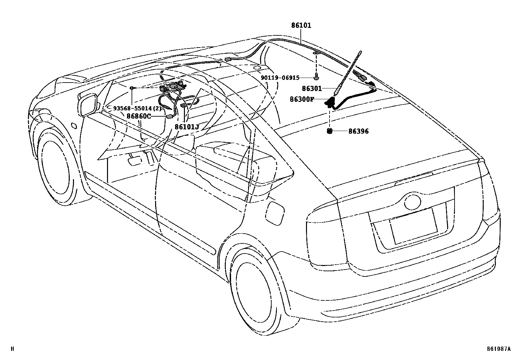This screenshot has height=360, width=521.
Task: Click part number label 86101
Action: (301, 26)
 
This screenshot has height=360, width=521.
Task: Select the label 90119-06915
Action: (280, 78)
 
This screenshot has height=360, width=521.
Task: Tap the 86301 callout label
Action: (312, 88)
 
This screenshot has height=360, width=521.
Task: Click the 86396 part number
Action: (358, 131)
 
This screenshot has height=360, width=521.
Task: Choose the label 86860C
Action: (139, 116)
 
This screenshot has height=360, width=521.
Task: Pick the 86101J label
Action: (187, 126)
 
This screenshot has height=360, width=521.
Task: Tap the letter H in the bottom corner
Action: (12, 349)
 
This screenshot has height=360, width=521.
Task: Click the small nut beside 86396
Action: (330, 131)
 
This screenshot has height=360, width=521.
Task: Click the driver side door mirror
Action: (88, 104)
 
